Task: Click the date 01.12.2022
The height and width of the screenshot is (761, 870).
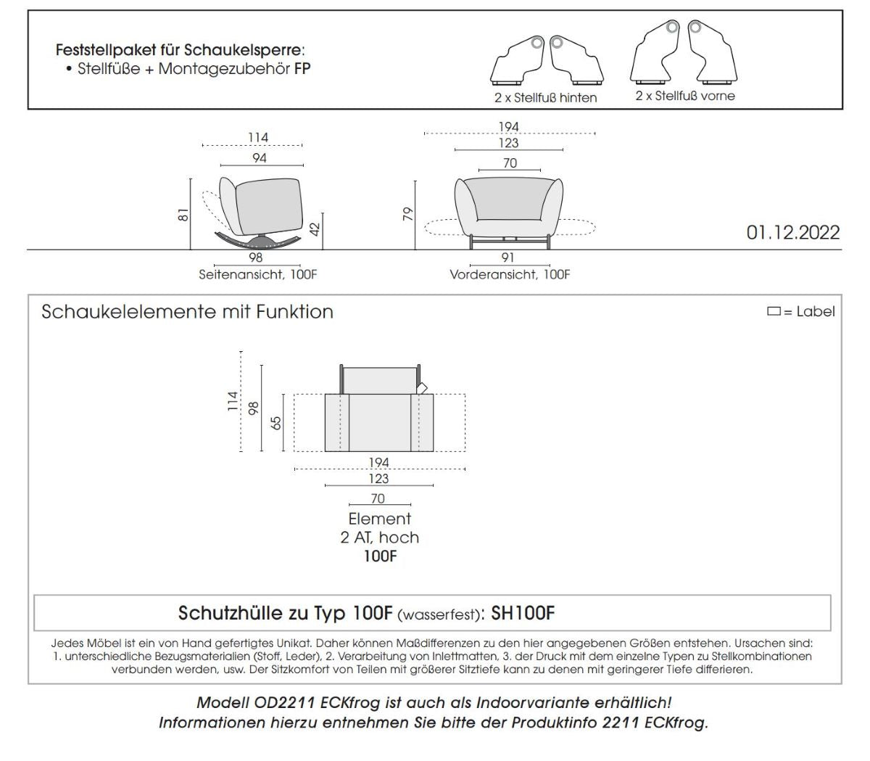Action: click(x=792, y=232)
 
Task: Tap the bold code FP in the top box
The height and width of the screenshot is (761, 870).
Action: click(x=302, y=69)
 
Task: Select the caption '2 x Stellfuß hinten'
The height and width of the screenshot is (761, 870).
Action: click(x=545, y=97)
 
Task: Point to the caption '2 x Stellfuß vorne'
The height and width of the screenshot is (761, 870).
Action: click(x=685, y=96)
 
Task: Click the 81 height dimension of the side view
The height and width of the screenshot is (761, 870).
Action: click(x=183, y=215)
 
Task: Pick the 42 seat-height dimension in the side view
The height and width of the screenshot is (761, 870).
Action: click(x=315, y=230)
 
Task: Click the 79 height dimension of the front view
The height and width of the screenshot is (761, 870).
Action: click(x=408, y=214)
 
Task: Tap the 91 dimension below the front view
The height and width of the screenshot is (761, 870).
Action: click(x=508, y=258)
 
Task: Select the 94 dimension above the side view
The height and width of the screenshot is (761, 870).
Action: click(x=259, y=157)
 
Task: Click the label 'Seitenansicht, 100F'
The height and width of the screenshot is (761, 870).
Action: click(x=258, y=275)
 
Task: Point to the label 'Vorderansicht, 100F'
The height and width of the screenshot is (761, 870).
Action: click(x=510, y=275)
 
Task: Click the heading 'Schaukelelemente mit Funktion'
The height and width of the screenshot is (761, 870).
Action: click(x=187, y=312)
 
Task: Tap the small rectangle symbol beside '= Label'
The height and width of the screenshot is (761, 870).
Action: click(x=774, y=312)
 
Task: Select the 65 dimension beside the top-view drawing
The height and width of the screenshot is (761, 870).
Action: click(x=275, y=423)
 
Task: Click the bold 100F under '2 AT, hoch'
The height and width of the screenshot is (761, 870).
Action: click(x=379, y=556)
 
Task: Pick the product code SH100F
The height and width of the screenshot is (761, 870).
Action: click(x=523, y=614)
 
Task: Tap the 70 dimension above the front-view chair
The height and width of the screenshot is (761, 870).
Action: click(x=510, y=163)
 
